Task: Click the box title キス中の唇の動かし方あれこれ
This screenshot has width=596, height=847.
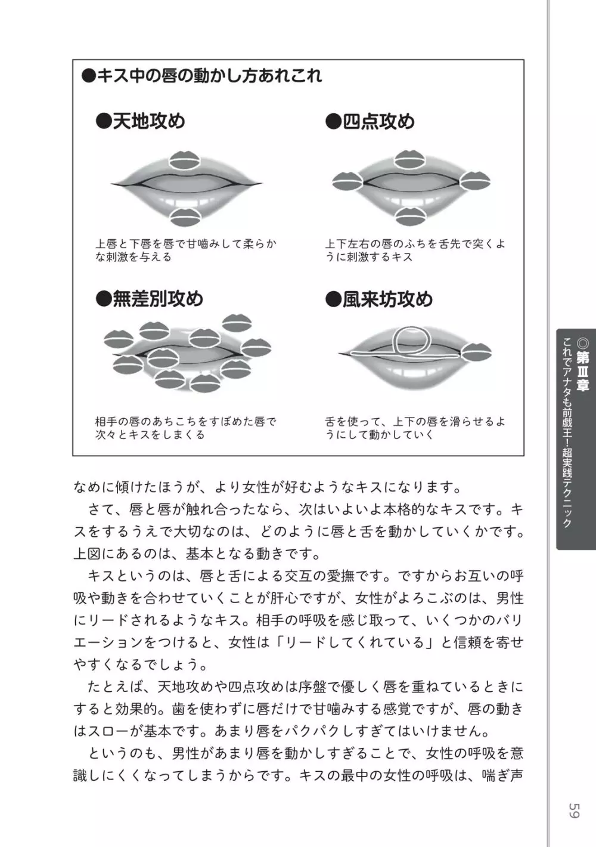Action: point(202,76)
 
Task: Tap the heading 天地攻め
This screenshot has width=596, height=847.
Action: point(140,121)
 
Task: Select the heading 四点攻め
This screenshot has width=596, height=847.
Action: point(370,121)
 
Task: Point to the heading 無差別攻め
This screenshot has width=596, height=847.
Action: point(150,299)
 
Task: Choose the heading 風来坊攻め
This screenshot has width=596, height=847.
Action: point(379,299)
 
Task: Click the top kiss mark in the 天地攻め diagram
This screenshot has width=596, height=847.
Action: point(184,160)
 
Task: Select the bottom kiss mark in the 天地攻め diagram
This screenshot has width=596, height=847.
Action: point(185,217)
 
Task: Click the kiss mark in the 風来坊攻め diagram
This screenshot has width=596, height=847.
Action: point(476,352)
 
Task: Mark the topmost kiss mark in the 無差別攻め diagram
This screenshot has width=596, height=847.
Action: point(237,323)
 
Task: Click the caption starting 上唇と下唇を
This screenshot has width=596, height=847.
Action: point(186,251)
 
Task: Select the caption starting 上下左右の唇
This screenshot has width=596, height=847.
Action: point(415,251)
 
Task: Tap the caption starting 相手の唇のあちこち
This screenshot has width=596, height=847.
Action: point(186,428)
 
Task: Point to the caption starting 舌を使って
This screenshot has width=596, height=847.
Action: point(415,428)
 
